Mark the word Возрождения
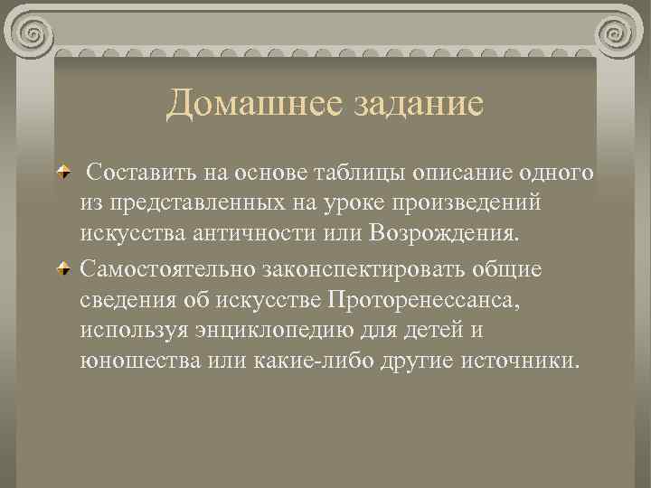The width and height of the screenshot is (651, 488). click(x=445, y=236)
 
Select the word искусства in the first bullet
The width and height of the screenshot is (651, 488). click(x=132, y=236)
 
